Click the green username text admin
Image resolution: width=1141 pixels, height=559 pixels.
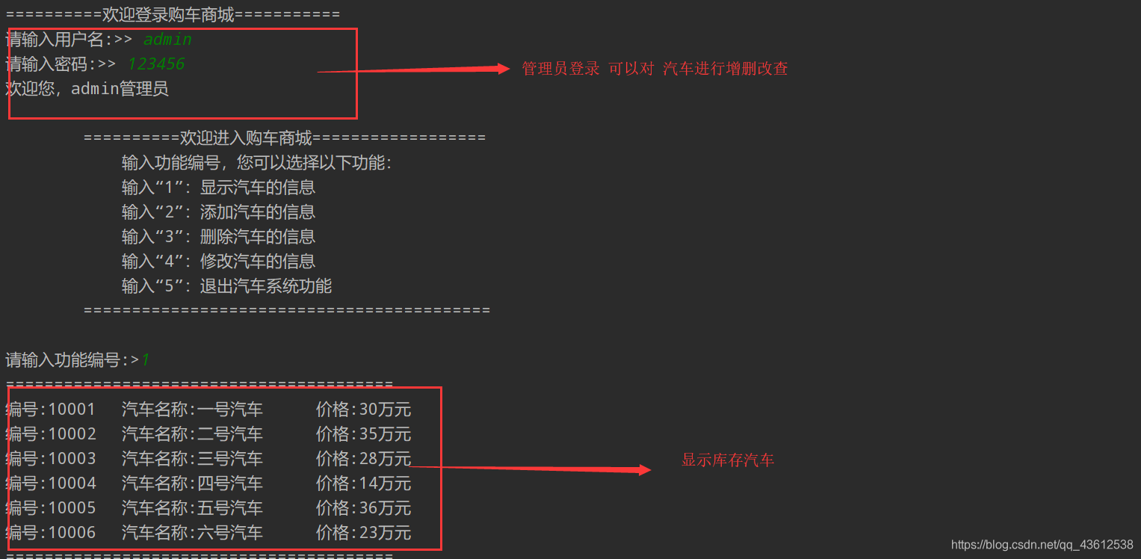click(x=167, y=40)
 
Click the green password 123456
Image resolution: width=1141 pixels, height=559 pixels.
click(x=155, y=64)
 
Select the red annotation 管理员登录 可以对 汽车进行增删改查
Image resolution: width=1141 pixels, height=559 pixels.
click(x=655, y=69)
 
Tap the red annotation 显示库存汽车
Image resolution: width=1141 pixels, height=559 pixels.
click(x=728, y=460)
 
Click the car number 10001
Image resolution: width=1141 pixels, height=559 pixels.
click(x=72, y=410)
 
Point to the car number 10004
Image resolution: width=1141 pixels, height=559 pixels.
click(x=72, y=484)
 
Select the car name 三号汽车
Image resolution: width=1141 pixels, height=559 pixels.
click(x=229, y=459)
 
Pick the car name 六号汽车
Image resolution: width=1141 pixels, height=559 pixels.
click(x=229, y=533)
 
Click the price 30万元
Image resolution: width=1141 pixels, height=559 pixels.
click(x=385, y=410)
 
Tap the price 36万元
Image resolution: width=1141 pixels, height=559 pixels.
click(x=385, y=508)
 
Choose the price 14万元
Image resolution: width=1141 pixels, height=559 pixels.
click(x=385, y=484)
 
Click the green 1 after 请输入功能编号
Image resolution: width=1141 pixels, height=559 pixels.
click(x=146, y=360)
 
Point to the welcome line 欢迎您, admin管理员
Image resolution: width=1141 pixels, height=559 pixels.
click(x=87, y=89)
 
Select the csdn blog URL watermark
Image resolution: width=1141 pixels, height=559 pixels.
click(x=1042, y=545)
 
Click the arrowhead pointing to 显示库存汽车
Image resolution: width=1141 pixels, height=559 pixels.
click(x=644, y=470)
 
